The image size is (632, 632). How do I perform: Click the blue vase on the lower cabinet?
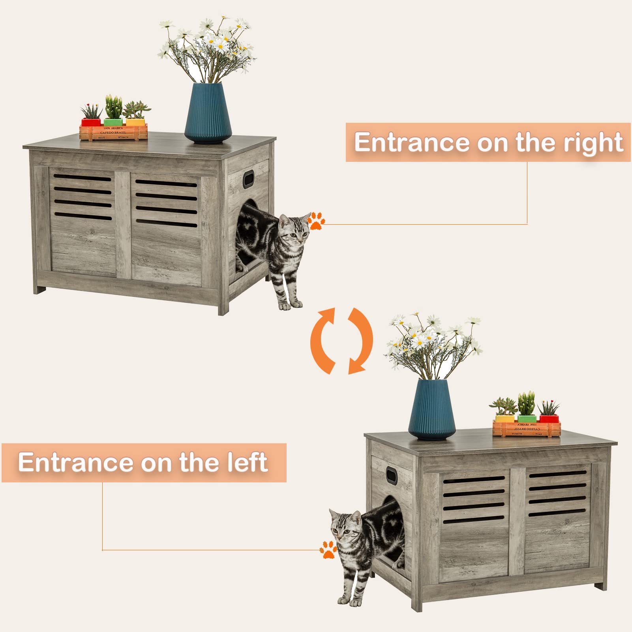[432, 411]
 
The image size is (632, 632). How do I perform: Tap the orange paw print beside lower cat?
[328, 549]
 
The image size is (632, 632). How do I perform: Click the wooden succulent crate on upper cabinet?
[113, 132]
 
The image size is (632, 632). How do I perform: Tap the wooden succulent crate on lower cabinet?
[527, 428]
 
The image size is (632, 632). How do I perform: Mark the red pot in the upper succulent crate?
[91, 122]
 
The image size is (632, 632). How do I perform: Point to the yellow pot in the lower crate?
[504, 418]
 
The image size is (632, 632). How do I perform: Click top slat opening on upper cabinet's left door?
[82, 178]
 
